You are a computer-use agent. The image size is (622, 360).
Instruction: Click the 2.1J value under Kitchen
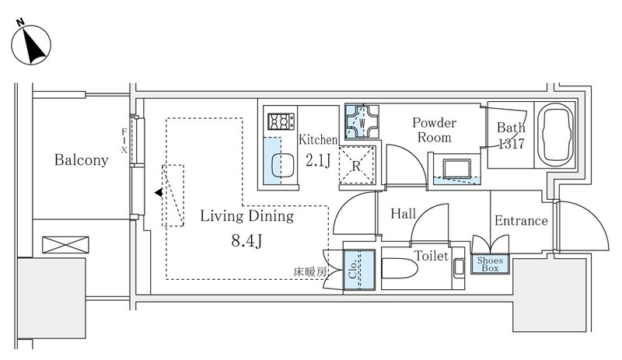[317, 162]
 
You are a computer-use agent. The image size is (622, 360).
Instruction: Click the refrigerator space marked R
[356, 165]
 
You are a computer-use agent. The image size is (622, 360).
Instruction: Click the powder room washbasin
[457, 169]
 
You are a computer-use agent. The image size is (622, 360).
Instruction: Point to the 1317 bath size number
[511, 144]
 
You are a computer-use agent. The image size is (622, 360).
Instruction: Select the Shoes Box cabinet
[490, 264]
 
